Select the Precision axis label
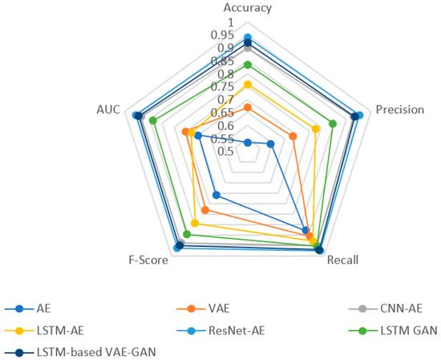click(x=400, y=110)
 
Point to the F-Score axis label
click(x=150, y=260)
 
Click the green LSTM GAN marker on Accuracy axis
click(x=247, y=64)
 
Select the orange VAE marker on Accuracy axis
click(x=247, y=107)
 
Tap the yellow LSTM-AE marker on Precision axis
click(x=316, y=128)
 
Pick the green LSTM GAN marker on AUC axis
click(x=152, y=120)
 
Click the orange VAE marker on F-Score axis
click(x=205, y=210)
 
